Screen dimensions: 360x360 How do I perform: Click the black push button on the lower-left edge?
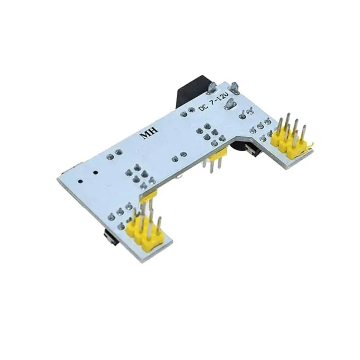pos(111,237)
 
